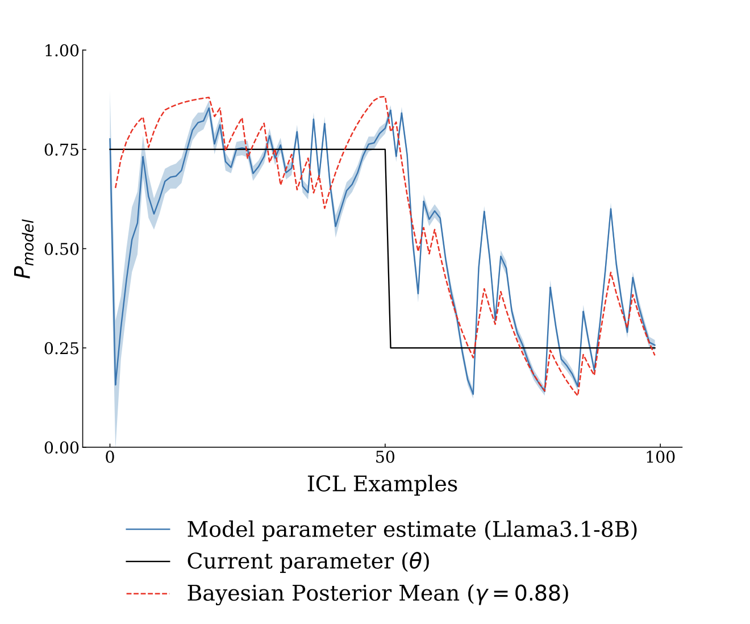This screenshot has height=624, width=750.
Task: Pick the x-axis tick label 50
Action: click(x=385, y=458)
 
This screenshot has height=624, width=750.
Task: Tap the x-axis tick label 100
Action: click(x=660, y=458)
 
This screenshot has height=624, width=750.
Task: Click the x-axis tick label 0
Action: click(x=110, y=458)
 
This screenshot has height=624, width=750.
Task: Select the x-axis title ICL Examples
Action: click(x=382, y=484)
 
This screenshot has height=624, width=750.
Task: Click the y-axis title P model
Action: click(x=24, y=249)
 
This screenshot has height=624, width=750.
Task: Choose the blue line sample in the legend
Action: click(x=148, y=530)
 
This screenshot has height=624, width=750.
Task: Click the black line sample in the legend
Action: click(x=148, y=561)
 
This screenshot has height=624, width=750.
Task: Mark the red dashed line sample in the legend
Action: click(x=148, y=593)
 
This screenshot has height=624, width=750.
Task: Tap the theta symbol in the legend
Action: click(x=415, y=561)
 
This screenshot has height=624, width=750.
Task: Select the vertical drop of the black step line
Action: click(x=388, y=249)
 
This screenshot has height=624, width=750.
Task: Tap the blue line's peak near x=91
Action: click(x=611, y=209)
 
